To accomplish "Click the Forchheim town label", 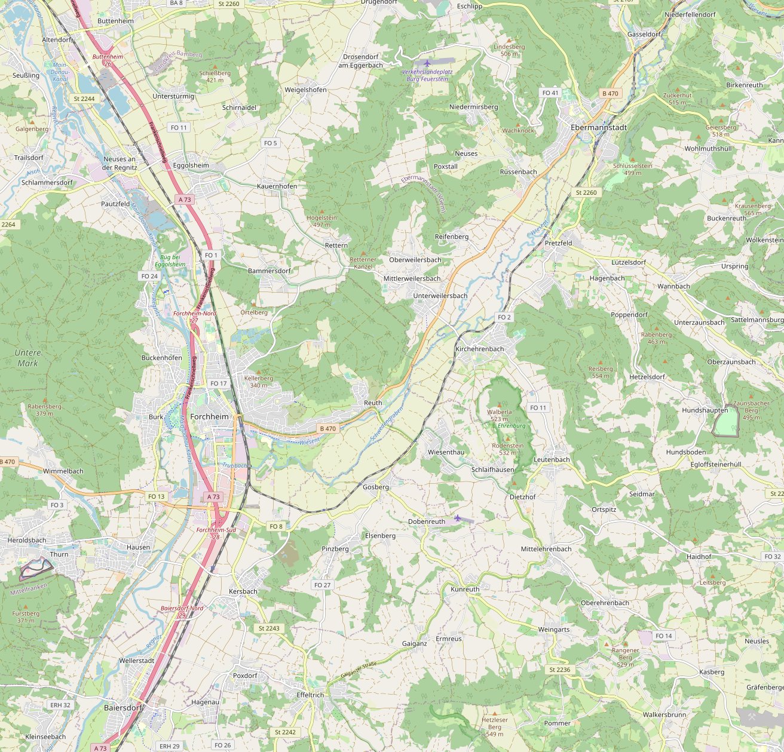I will coord(209,416).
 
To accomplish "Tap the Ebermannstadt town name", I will coord(599,128).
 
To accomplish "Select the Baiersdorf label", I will coord(124,708).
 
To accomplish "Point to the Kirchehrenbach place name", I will coord(479,349).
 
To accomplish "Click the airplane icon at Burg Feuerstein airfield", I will coord(427,63).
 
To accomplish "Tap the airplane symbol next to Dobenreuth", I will coord(458,518).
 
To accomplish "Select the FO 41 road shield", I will coord(550,93).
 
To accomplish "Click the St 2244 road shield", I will coord(84,98).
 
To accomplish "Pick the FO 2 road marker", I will coord(504,317).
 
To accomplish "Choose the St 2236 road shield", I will coord(559,670).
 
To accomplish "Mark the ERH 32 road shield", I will coord(60,705).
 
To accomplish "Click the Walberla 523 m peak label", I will coord(499,415).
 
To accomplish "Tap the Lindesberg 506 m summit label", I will coord(509,50).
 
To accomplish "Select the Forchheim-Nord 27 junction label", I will coord(186,317).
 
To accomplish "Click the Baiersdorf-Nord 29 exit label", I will coord(182,611).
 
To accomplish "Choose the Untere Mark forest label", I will coord(27,358).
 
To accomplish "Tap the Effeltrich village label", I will coord(310,695).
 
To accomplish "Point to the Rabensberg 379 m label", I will coord(44,410).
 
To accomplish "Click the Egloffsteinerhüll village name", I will coord(715,464).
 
